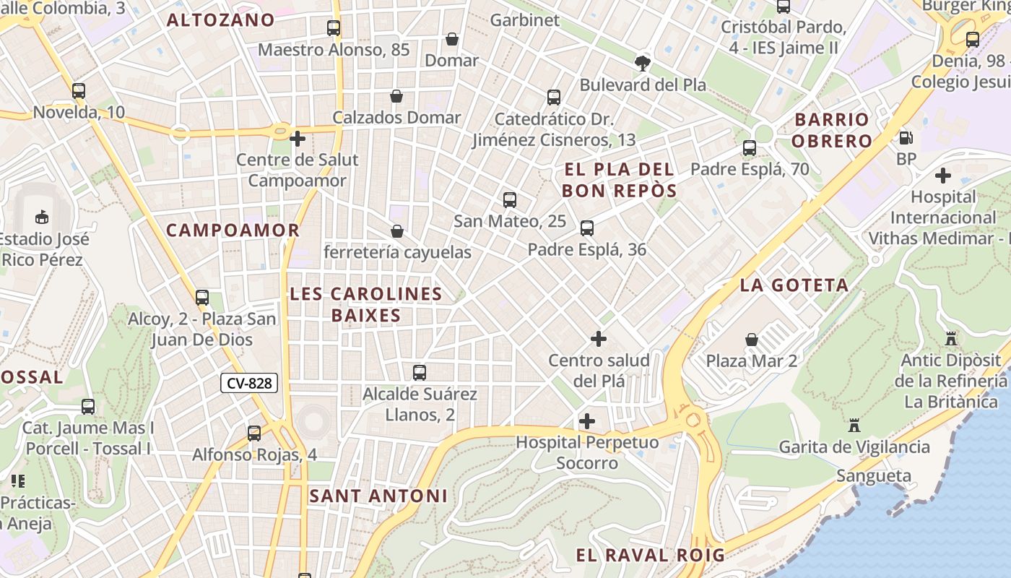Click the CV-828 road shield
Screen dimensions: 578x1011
(249, 383)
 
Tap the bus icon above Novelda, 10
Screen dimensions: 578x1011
(79, 91)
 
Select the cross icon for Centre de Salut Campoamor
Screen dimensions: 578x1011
(298, 138)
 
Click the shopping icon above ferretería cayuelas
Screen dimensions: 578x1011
(396, 231)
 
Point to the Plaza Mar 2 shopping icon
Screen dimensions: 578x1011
(752, 339)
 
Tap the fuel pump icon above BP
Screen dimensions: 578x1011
(906, 137)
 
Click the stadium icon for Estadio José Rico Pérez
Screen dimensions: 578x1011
(42, 217)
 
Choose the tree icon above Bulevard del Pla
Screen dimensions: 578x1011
(642, 63)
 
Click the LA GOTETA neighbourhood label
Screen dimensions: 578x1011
(794, 285)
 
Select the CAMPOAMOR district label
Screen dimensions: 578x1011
(233, 230)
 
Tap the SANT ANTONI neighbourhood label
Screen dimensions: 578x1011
(378, 496)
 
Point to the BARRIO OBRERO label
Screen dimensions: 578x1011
(832, 130)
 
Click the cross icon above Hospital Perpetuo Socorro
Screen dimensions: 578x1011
(587, 421)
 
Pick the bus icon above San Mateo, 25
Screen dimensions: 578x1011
(510, 200)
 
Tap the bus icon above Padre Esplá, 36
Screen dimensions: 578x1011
(587, 228)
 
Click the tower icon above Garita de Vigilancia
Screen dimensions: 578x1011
(854, 425)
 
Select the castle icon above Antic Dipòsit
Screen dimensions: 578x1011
(951, 338)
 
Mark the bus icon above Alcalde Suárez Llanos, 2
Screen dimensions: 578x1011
(420, 373)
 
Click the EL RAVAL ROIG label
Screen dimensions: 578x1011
(650, 555)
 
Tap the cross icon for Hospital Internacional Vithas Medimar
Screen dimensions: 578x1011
(942, 176)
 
